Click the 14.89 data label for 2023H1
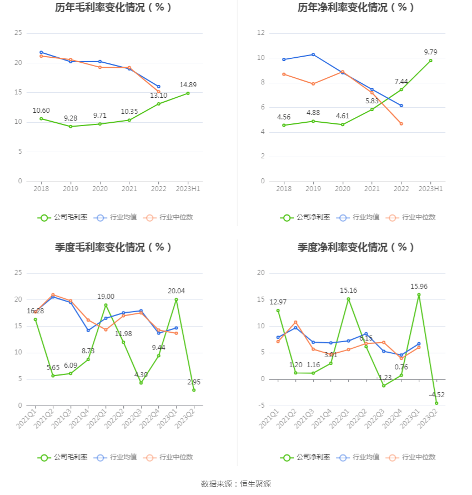pos(188,85)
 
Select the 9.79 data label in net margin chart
pos(430,52)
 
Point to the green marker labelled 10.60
pos(41,118)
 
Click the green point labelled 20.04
pos(176,299)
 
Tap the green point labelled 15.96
pos(419,295)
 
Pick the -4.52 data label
pos(437,395)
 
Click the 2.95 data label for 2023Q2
pos(193,382)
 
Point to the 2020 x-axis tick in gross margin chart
pos(100,189)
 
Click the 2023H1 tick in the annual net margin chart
pos(430,189)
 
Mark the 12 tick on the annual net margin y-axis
pos(260,33)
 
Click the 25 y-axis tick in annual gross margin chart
pos(18,33)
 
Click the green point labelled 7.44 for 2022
pos(401,89)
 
